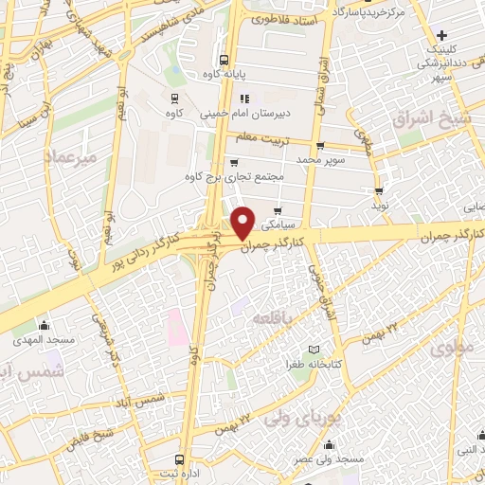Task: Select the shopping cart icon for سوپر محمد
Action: click(x=320, y=146)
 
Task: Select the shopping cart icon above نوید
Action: click(x=379, y=190)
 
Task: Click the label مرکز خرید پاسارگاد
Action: click(x=372, y=12)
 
